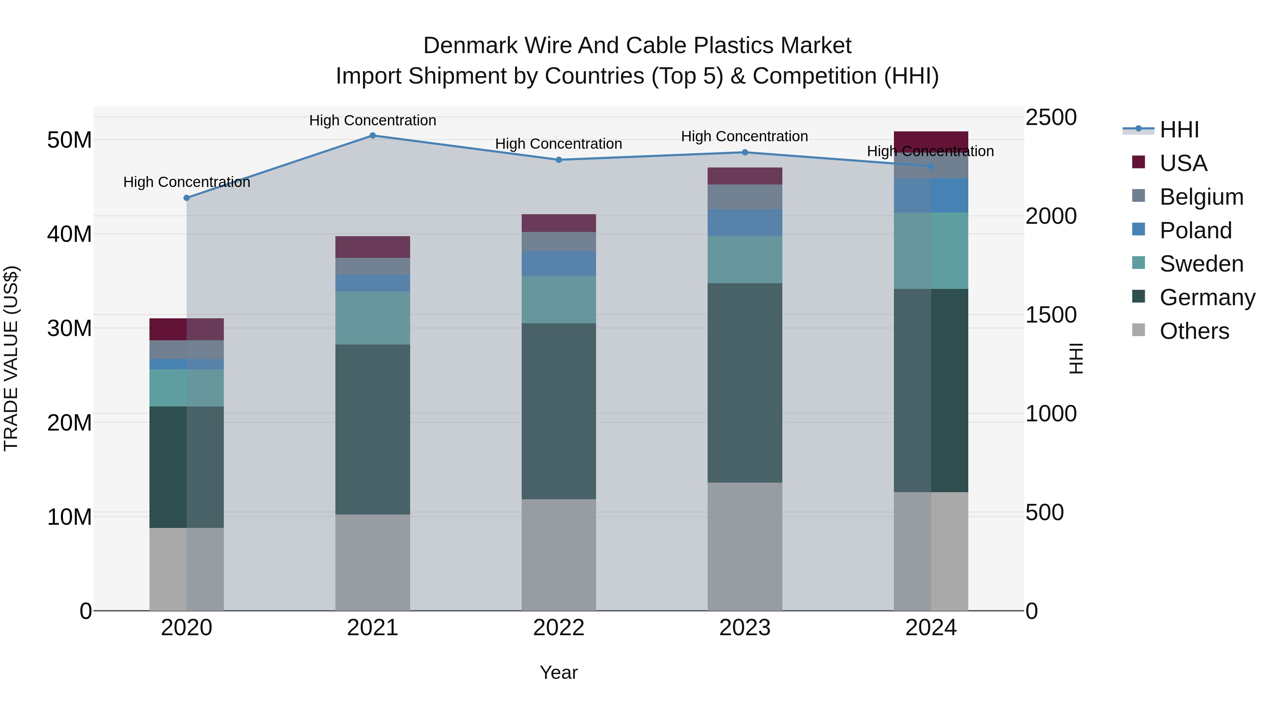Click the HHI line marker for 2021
click(373, 136)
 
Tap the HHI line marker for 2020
click(187, 198)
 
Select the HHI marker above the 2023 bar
click(745, 152)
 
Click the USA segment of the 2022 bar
click(559, 223)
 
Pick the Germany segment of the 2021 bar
click(373, 429)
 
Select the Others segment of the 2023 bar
click(745, 546)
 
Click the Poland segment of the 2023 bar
click(745, 223)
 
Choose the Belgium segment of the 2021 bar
click(373, 266)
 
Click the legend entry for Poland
click(1195, 231)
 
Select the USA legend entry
click(1183, 163)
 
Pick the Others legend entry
click(1194, 331)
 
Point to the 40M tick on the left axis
click(69, 234)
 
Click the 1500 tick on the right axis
click(1051, 315)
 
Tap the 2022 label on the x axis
click(559, 628)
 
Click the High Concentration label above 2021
click(373, 120)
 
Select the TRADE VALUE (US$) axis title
click(11, 358)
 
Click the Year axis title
click(559, 672)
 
